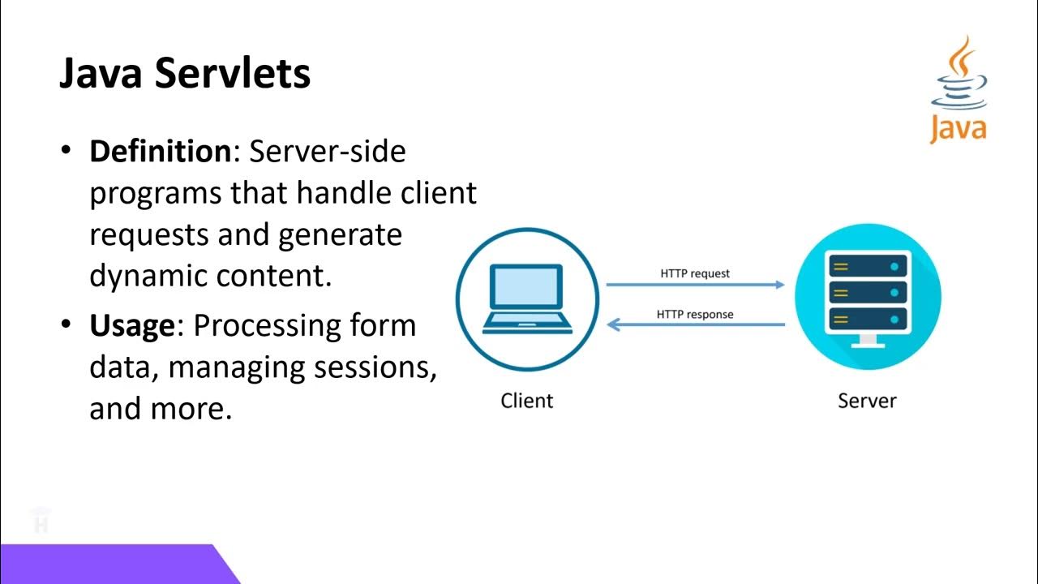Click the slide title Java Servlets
pyautogui.click(x=185, y=74)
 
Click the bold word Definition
pyautogui.click(x=160, y=151)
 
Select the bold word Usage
pyautogui.click(x=131, y=325)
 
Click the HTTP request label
pyautogui.click(x=695, y=273)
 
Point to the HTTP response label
pyautogui.click(x=695, y=314)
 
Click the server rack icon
pyautogui.click(x=868, y=294)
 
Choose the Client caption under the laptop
pyautogui.click(x=527, y=401)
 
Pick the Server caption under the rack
pyautogui.click(x=867, y=401)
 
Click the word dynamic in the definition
pyautogui.click(x=148, y=276)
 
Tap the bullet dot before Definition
pyautogui.click(x=66, y=151)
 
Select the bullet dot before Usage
pyautogui.click(x=66, y=325)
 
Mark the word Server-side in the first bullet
pyautogui.click(x=328, y=151)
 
